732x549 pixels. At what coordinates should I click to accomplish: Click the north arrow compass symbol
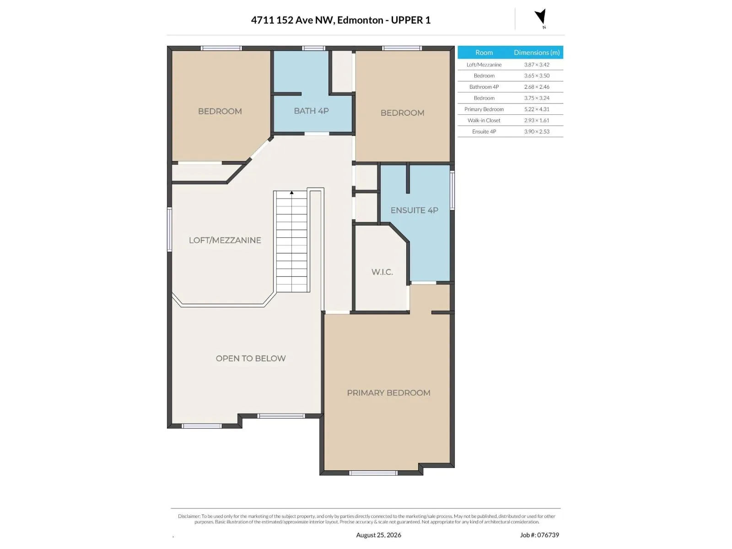point(541,16)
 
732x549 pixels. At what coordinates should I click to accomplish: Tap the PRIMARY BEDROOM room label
point(388,393)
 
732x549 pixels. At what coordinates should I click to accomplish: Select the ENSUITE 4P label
point(414,210)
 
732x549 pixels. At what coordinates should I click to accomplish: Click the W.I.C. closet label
point(382,272)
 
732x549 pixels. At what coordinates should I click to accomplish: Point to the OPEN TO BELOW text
point(250,358)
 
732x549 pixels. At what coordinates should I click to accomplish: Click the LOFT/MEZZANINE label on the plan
point(225,240)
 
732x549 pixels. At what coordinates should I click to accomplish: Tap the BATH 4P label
point(311,111)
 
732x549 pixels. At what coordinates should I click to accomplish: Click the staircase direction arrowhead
point(291,193)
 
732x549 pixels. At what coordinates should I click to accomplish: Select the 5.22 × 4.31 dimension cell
point(537,109)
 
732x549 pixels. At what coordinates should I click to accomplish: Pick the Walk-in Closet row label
point(484,120)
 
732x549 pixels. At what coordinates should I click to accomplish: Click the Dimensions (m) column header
point(537,52)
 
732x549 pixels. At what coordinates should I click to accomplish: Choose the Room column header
point(484,52)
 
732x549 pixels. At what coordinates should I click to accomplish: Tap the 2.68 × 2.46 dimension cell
point(537,87)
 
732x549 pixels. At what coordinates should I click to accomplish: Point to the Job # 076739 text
point(539,535)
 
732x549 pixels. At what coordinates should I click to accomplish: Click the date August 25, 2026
point(378,535)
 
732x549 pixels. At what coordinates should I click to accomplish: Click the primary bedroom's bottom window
point(373,473)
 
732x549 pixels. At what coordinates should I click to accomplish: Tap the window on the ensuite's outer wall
point(452,190)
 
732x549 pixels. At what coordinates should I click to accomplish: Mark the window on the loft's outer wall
point(169,229)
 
